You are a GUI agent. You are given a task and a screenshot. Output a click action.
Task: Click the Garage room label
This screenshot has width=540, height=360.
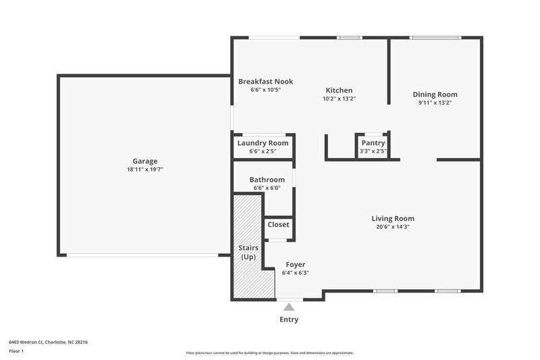tap(144, 161)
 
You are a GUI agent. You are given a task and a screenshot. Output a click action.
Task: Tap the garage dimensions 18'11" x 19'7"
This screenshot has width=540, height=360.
tap(144, 170)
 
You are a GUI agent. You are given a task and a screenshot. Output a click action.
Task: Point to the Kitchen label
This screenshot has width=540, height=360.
tap(339, 91)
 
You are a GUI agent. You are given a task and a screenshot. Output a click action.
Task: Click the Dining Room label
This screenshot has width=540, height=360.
tap(435, 95)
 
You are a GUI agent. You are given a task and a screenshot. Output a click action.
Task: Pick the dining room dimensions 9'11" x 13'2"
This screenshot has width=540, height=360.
tap(435, 103)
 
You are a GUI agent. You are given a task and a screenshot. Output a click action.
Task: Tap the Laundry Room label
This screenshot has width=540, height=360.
tap(263, 143)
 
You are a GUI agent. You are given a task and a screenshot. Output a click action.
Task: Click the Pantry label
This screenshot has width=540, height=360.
tap(373, 143)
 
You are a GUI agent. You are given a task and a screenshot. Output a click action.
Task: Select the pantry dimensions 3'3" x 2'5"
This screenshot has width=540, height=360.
tap(373, 152)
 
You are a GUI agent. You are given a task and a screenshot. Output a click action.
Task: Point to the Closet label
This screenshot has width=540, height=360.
tap(278, 224)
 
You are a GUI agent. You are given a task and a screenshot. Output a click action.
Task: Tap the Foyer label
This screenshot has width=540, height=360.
tap(296, 264)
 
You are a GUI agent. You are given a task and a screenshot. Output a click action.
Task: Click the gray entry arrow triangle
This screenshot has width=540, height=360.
tap(289, 307)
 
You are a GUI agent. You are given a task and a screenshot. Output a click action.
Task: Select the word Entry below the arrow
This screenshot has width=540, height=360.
tap(289, 319)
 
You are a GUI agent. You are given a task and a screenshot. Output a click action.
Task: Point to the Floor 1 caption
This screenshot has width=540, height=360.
tap(16, 351)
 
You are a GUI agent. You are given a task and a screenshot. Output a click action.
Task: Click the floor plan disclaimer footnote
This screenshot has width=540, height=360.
tap(269, 353)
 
